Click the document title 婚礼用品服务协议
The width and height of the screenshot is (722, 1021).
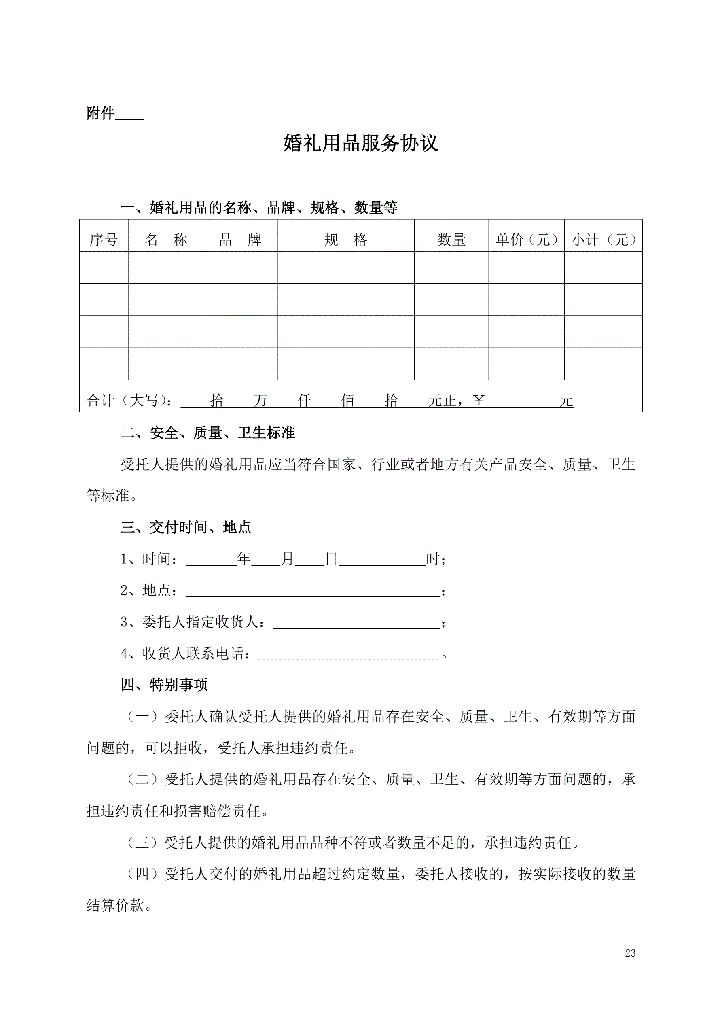pos(360,143)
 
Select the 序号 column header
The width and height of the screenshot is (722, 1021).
pos(104,240)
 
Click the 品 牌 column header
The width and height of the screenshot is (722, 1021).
pos(240,240)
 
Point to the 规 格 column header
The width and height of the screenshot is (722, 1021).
pos(345,240)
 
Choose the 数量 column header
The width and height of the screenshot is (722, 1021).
pos(451,240)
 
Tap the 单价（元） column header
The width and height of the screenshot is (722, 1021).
pos(526,240)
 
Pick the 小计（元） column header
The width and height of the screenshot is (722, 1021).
pos(603,240)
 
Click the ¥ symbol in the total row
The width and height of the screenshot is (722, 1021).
pos(479,401)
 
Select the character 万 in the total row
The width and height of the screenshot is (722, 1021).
pos(260,401)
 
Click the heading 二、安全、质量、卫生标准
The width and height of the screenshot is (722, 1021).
pos(207,433)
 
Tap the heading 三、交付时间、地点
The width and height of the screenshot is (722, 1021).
pos(186,527)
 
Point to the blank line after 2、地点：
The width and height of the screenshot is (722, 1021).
pos(313,591)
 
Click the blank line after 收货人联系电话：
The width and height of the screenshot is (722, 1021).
pos(349,655)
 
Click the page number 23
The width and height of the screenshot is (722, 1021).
pos(630,953)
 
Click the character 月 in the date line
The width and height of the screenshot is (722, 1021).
pos(288,559)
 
